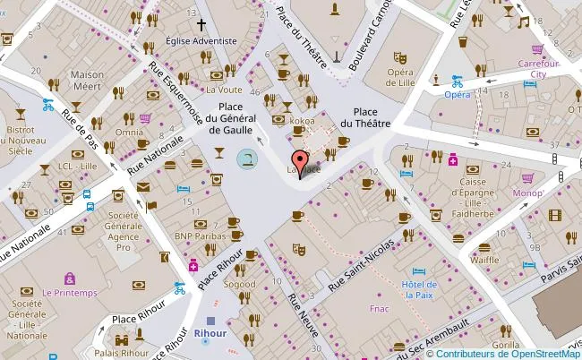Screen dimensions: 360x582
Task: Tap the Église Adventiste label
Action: coord(201,41)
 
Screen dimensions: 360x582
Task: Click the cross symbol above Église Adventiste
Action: coord(201,26)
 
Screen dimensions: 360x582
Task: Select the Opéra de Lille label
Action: coord(400,78)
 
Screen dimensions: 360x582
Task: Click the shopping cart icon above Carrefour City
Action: coord(538,49)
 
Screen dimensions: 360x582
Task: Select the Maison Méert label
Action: coord(87,81)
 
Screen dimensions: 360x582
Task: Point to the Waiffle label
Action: coord(484,260)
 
